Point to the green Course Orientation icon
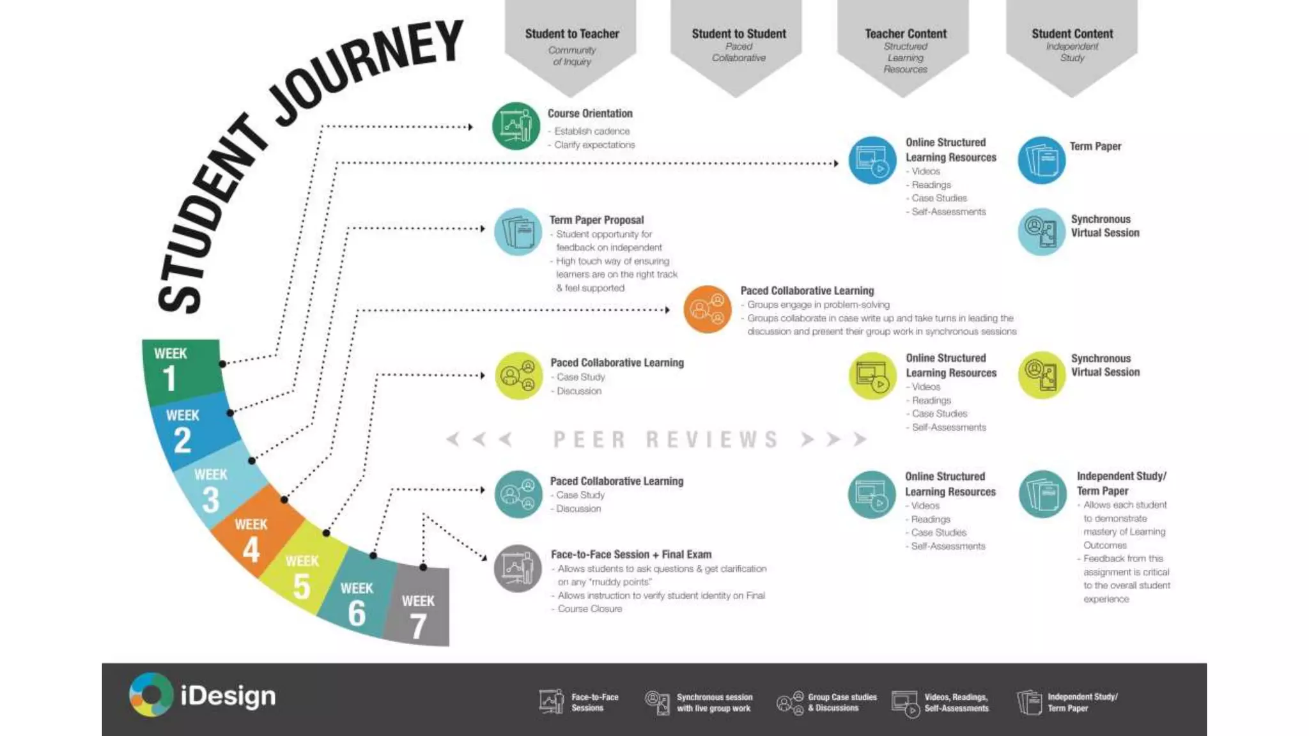[x=516, y=126]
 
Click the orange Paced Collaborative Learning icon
[x=708, y=310]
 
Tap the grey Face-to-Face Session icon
[x=518, y=568]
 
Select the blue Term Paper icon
[x=1042, y=160]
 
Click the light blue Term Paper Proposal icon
[x=518, y=232]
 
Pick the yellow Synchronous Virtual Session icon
[x=1042, y=375]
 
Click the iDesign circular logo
[x=151, y=695]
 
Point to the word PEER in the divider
[x=589, y=440]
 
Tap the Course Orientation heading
[x=590, y=114]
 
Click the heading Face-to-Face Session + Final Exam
[x=631, y=555]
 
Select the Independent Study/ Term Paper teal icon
[x=1042, y=494]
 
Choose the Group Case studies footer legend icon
[x=790, y=703]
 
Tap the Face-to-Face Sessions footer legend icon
[x=552, y=701]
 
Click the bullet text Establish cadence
[x=592, y=131]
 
